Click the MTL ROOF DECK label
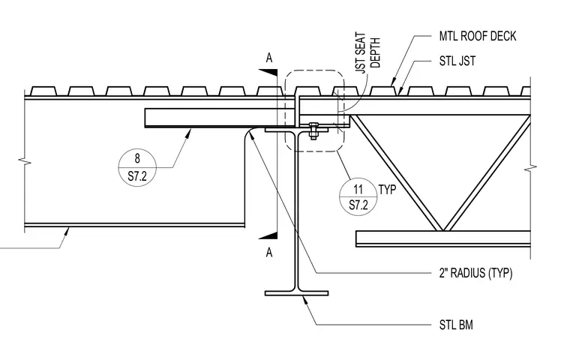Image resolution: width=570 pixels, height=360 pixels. coord(477,36)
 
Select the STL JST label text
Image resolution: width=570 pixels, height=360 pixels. coord(457,61)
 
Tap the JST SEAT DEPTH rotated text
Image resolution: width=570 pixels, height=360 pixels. coord(367,53)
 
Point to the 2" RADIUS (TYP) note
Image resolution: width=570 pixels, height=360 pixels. coord(475,273)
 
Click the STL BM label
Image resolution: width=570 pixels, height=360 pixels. coord(456,325)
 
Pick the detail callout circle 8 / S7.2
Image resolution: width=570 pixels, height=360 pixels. coord(137,168)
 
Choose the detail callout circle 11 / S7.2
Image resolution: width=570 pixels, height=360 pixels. coord(358,196)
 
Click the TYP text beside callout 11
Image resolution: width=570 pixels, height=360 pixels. coord(388,190)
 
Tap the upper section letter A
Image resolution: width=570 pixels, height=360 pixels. coord(269,58)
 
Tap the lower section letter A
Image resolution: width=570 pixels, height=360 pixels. coord(269,252)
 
